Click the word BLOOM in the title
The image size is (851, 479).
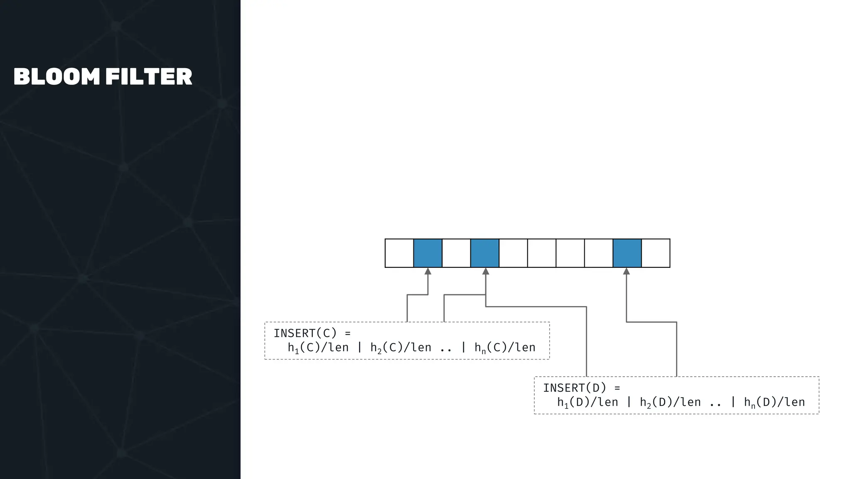click(x=57, y=77)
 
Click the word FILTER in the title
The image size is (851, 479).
click(x=149, y=77)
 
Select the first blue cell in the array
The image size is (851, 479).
click(x=428, y=253)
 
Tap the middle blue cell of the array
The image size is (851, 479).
click(x=485, y=253)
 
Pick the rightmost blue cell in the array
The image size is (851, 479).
click(x=627, y=253)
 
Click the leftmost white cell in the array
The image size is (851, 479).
click(x=399, y=253)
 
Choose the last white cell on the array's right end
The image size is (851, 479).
click(x=656, y=253)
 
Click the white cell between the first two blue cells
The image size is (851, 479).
click(x=456, y=253)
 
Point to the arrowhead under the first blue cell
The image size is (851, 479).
click(x=428, y=271)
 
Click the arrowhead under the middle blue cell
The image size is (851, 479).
click(x=486, y=271)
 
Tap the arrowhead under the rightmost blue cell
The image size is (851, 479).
click(x=627, y=271)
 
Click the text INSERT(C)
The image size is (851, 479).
click(x=305, y=333)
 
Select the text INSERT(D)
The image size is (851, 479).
click(x=575, y=388)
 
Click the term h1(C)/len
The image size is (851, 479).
click(x=318, y=348)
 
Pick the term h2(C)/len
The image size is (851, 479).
click(x=401, y=348)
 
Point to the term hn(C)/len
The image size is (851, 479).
click(x=505, y=348)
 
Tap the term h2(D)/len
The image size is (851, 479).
click(x=670, y=402)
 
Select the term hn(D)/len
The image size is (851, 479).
click(x=775, y=402)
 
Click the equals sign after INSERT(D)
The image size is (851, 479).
click(x=617, y=388)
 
